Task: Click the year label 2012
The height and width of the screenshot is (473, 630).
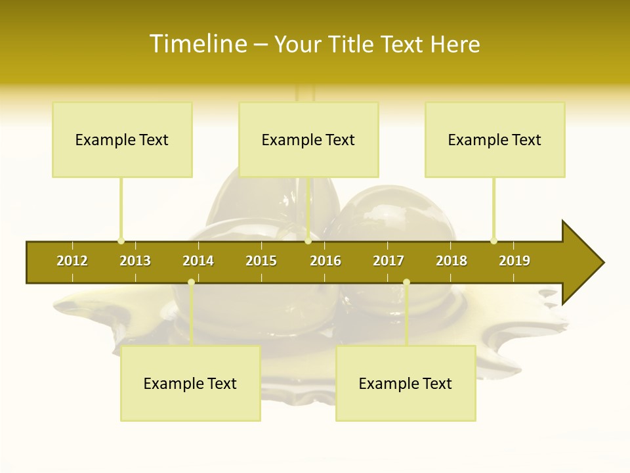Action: point(72,261)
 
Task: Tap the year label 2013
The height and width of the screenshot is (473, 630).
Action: point(135,261)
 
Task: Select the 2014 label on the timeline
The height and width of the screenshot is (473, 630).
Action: point(198,261)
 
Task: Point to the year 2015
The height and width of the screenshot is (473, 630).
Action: point(261,261)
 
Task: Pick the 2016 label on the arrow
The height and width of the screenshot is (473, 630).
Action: point(325,261)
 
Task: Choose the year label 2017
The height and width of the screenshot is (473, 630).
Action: point(388,261)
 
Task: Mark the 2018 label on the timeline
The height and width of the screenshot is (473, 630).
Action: point(451,261)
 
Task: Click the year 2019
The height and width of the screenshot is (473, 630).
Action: point(514,261)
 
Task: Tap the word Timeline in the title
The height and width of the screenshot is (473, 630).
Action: point(198,44)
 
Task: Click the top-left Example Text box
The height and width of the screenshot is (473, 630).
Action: point(122,139)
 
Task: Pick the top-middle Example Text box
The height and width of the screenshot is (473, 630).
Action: point(308,139)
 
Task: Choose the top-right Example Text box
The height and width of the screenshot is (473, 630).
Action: point(495,139)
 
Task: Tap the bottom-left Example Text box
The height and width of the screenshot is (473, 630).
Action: point(190,383)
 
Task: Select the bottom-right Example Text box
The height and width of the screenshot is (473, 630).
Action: point(406,383)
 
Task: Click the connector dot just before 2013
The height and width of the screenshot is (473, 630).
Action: point(121,240)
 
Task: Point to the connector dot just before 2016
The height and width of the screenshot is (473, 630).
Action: point(308,240)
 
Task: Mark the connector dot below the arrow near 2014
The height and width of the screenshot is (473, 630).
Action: point(191,282)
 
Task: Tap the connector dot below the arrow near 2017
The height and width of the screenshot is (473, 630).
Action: point(406,282)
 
